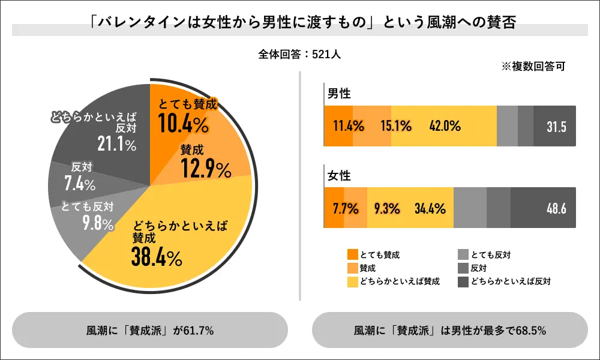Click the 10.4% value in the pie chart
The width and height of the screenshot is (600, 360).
(x=184, y=124)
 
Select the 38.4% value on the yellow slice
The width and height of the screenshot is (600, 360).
(x=157, y=257)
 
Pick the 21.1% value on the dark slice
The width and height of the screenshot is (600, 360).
(x=116, y=145)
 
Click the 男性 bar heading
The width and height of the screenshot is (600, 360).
(x=339, y=94)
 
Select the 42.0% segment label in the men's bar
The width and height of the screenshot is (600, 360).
(x=445, y=127)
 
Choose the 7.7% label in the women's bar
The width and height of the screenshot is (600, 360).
(x=345, y=209)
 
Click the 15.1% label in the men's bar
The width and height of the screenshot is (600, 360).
(x=395, y=127)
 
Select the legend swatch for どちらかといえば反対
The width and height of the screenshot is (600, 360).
(x=463, y=281)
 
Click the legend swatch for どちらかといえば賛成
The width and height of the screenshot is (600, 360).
(x=353, y=281)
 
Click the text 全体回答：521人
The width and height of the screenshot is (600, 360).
(x=299, y=54)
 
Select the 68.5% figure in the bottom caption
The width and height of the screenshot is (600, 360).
(x=530, y=330)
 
